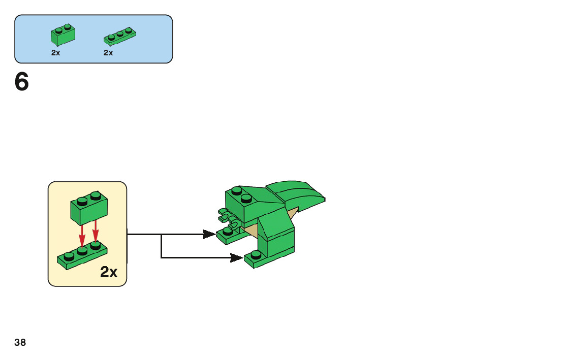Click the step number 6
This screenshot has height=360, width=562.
coord(22,82)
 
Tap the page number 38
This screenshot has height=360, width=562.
coord(20,343)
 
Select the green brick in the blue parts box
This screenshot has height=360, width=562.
coord(63,35)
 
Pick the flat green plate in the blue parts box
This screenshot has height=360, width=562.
coord(120,36)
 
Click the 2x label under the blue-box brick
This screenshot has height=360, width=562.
coord(56,53)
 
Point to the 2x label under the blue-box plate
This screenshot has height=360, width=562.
coord(108,53)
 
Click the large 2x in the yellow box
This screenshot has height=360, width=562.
coord(109,273)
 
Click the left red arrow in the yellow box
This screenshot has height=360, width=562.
coord(82,236)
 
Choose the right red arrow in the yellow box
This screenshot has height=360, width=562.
coord(95,233)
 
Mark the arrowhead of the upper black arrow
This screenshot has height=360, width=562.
coord(209,234)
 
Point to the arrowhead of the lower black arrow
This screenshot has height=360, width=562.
coord(236,258)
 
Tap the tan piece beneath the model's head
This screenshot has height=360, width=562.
coord(252,231)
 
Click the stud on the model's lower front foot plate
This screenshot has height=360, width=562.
coord(256,254)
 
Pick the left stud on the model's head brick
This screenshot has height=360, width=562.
coord(236,191)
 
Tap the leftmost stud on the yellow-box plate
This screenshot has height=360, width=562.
coord(69,256)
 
